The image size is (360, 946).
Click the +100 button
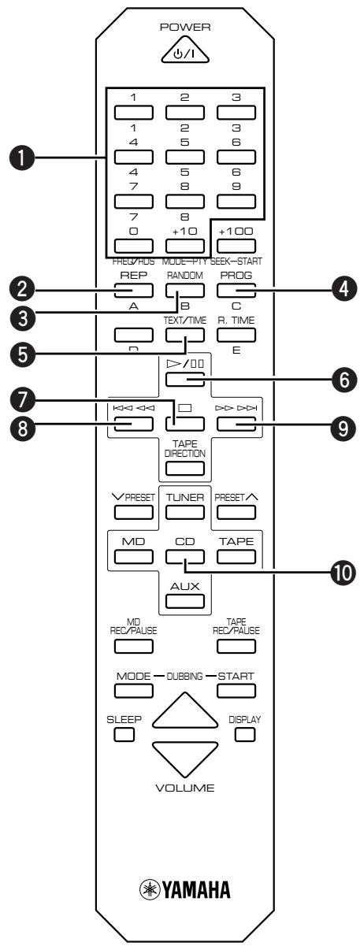[x=236, y=246]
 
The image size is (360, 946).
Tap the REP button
[x=133, y=290]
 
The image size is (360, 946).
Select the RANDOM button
[x=184, y=290]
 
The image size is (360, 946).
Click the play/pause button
[x=184, y=380]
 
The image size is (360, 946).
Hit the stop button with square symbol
[x=184, y=424]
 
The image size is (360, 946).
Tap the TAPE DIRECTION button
[x=184, y=469]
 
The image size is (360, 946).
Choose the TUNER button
[x=184, y=512]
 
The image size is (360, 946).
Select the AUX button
[x=184, y=601]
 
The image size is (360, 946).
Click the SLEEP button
[x=124, y=735]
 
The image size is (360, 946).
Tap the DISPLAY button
[x=246, y=735]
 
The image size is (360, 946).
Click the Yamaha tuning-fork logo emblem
[x=150, y=890]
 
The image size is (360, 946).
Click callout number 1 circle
[x=22, y=158]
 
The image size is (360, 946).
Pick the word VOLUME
[x=184, y=788]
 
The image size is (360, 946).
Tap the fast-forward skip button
[x=236, y=424]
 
